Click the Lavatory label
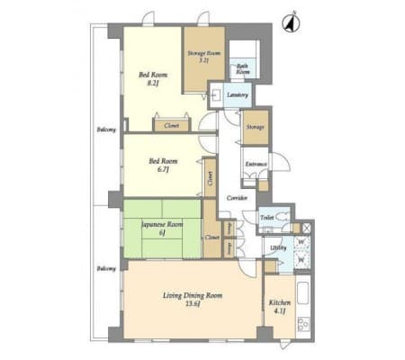238,94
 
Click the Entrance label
256,164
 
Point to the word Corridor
237,196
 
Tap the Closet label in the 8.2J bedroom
172,126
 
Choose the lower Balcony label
105,268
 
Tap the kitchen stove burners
303,322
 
